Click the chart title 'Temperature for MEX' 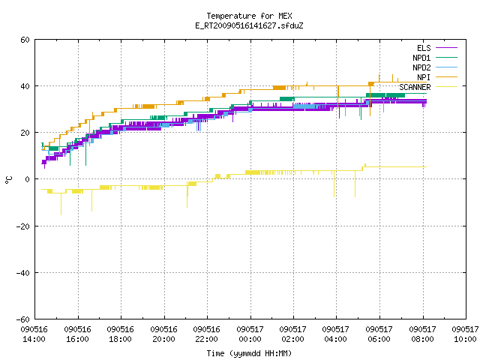(x=249, y=16)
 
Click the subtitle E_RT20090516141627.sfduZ (x=249, y=25)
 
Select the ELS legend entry (x=437, y=48)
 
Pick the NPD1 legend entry (x=435, y=58)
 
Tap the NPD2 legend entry (x=435, y=67)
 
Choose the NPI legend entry (x=437, y=77)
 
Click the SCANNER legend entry (x=428, y=87)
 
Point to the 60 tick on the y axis (x=25, y=40)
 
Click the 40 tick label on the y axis (x=25, y=86)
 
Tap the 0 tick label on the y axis (x=28, y=179)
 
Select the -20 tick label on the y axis (x=23, y=226)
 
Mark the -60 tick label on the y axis (x=23, y=319)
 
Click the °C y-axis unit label (x=8, y=180)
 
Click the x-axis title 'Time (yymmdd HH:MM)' (x=249, y=353)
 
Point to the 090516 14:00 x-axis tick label (x=34, y=334)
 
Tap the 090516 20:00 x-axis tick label (x=163, y=334)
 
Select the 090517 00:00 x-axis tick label (x=250, y=334)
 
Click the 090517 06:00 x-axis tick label (x=379, y=334)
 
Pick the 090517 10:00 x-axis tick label (x=465, y=334)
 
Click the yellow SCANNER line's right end (x=427, y=166)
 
